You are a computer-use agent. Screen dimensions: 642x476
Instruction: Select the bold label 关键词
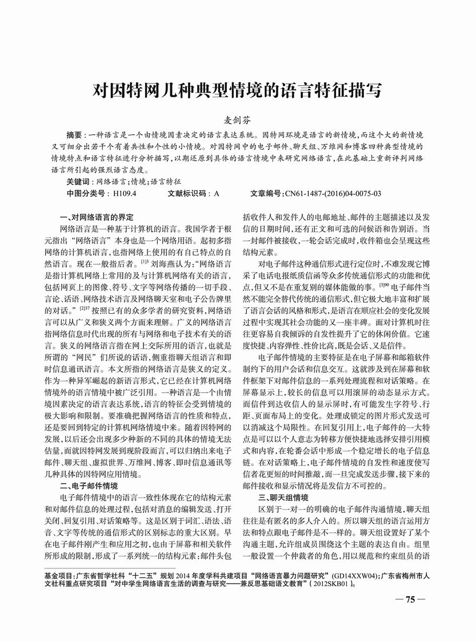[x=78, y=182]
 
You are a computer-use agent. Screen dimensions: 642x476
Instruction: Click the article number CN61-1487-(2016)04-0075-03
[x=333, y=194]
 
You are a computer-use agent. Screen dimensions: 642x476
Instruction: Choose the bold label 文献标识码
[x=187, y=194]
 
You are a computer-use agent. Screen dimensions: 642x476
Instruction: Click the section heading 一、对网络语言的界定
[x=96, y=217]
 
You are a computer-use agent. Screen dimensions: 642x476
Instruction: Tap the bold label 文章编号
[x=266, y=194]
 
